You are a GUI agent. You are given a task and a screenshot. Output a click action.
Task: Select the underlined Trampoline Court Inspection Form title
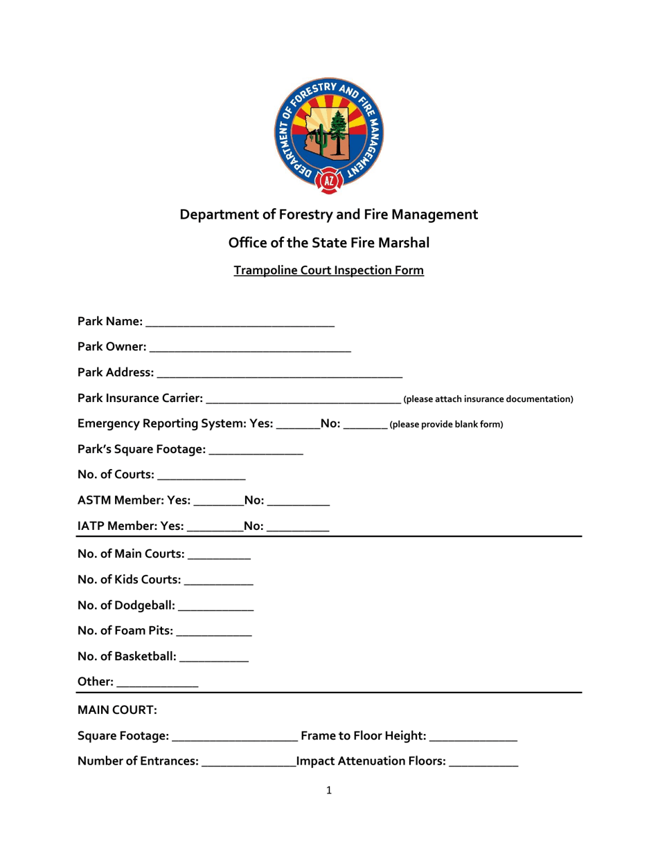click(329, 271)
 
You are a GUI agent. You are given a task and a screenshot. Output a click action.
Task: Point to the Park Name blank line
click(240, 323)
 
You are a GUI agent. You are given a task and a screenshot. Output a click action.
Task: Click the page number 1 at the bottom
click(329, 791)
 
